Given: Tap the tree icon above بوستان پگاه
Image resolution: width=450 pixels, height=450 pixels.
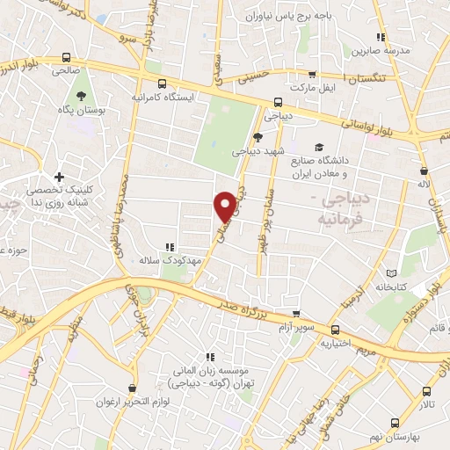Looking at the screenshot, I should tap(81, 97).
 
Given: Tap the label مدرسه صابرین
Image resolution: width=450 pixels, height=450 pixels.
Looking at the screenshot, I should tap(381, 51).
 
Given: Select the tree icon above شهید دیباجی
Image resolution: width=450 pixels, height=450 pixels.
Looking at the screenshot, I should tap(258, 136).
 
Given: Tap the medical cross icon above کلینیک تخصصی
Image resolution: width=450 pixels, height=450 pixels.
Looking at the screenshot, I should tap(60, 177).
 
